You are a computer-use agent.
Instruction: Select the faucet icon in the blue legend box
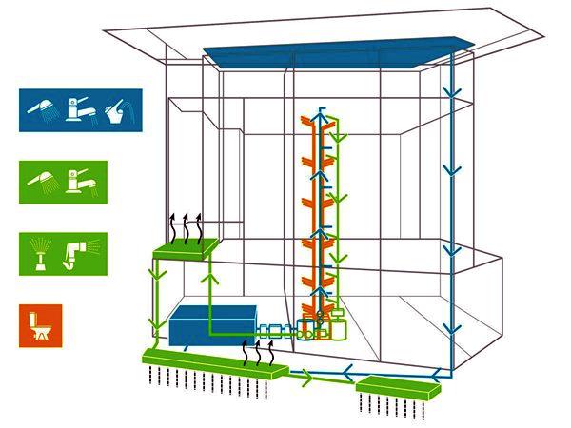[79, 109]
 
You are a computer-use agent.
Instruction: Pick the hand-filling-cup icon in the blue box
[116, 109]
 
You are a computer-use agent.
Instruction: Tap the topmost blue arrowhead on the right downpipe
[449, 92]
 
